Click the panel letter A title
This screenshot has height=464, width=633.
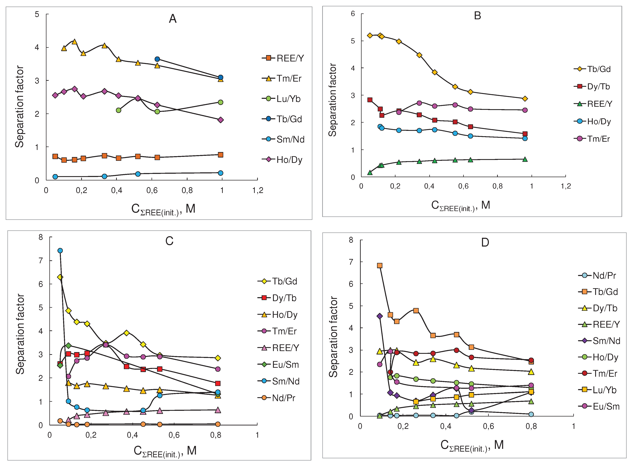[173, 19]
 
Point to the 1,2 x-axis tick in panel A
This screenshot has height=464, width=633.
[258, 190]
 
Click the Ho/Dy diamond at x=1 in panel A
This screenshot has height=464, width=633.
[221, 120]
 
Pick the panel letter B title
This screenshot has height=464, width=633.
[477, 16]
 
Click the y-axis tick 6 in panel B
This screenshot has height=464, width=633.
[353, 14]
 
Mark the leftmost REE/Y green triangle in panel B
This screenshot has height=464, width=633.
[370, 173]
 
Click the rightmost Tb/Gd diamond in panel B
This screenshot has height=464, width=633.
[525, 99]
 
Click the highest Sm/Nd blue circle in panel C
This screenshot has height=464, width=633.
[60, 251]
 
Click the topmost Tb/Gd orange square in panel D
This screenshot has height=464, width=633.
[380, 265]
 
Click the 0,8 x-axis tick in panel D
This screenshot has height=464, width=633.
[531, 426]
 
